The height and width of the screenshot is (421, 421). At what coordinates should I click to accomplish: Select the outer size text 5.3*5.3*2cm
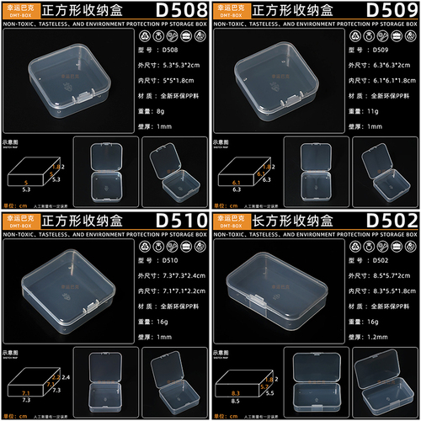(x=187, y=64)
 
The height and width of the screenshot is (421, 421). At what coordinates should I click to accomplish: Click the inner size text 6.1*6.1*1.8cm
(x=400, y=79)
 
